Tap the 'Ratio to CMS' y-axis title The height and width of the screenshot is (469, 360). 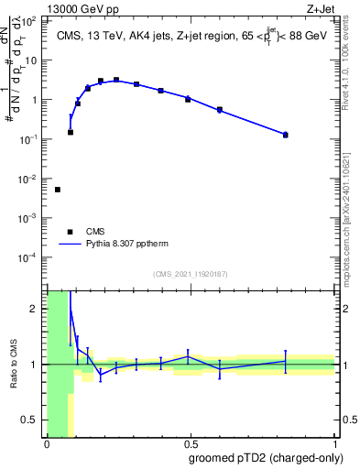pyautogui.click(x=14, y=365)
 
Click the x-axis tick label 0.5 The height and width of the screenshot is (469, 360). pyautogui.click(x=191, y=444)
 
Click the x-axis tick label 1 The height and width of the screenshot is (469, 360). pyautogui.click(x=335, y=444)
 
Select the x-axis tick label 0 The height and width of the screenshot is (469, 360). pyautogui.click(x=47, y=444)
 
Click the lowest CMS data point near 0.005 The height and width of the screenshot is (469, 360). pyautogui.click(x=58, y=190)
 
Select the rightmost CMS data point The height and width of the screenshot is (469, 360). pyautogui.click(x=286, y=135)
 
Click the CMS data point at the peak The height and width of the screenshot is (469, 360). pyautogui.click(x=116, y=80)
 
